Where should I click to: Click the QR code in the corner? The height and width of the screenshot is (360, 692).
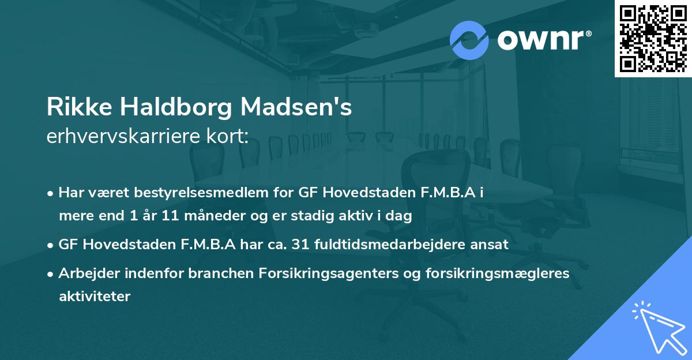pyautogui.click(x=653, y=38)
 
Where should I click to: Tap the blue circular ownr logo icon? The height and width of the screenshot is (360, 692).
pyautogui.click(x=469, y=40)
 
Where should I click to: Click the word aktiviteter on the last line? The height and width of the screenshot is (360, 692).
pyautogui.click(x=95, y=296)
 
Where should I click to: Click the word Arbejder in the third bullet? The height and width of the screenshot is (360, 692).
pyautogui.click(x=84, y=273)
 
